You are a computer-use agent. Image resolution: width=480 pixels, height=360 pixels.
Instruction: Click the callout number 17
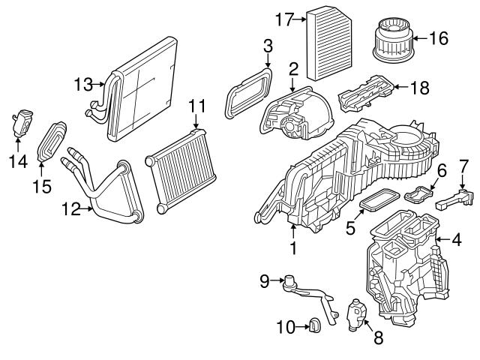(x=285, y=19)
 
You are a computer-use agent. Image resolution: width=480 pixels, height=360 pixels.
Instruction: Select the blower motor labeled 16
(x=393, y=40)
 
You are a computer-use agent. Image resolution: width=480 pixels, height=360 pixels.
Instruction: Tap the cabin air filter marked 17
(x=329, y=43)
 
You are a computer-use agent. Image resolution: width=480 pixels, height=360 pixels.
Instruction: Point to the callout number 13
(x=83, y=84)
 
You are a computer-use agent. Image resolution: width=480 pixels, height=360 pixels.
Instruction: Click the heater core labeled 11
(x=181, y=171)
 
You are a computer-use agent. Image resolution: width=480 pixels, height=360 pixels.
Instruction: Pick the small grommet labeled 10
(x=314, y=325)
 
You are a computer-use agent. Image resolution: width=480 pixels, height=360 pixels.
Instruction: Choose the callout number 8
(x=378, y=338)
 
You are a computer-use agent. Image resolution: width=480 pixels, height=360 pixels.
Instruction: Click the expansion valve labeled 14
(x=22, y=122)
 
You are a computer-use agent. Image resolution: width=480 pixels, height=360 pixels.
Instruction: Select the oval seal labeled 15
(x=52, y=141)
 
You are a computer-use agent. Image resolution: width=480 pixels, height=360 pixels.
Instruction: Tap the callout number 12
(x=71, y=208)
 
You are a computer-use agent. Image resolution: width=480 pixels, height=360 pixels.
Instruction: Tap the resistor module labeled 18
(x=366, y=94)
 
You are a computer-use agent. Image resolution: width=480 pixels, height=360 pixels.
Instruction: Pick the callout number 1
(x=293, y=248)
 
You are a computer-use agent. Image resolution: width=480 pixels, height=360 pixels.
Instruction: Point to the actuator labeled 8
(x=357, y=314)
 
